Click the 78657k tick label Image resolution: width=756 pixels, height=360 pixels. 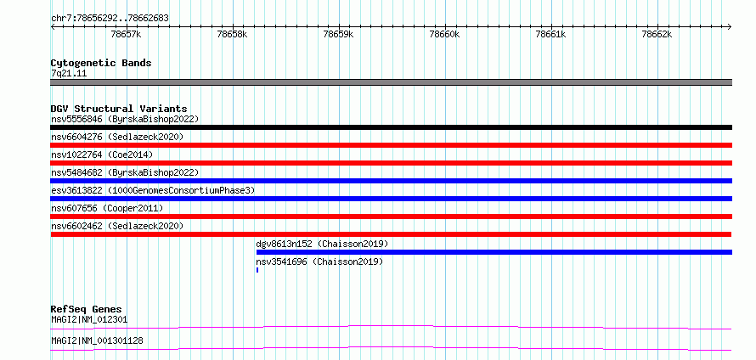[x=126, y=34]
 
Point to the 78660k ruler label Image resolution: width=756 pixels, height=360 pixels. [x=444, y=34]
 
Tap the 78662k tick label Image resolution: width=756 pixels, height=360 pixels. [x=657, y=34]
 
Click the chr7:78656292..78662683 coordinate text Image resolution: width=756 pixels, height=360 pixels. [x=110, y=19]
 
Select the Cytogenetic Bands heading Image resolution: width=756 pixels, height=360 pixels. [x=101, y=63]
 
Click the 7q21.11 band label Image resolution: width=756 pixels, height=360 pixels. [x=69, y=74]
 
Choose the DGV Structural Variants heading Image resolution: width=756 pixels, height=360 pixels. [x=119, y=109]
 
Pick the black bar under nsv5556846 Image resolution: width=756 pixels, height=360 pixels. [x=391, y=127]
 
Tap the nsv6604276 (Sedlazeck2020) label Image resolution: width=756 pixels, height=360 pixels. [x=117, y=137]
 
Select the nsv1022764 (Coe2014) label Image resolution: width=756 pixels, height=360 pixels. [x=102, y=155]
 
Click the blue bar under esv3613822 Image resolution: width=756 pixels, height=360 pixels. [x=391, y=199]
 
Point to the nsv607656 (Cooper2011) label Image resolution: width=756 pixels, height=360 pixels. [x=107, y=208]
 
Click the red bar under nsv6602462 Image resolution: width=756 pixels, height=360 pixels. [x=391, y=234]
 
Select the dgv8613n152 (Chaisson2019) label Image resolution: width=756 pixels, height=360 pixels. [x=322, y=244]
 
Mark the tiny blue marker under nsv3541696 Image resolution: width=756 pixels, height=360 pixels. [x=257, y=270]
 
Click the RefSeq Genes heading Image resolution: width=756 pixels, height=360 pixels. [x=87, y=309]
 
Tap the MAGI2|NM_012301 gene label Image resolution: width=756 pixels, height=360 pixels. [x=89, y=319]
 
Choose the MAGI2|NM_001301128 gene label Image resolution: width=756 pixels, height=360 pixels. [x=97, y=340]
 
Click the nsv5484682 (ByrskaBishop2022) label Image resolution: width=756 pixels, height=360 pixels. [x=125, y=172]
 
